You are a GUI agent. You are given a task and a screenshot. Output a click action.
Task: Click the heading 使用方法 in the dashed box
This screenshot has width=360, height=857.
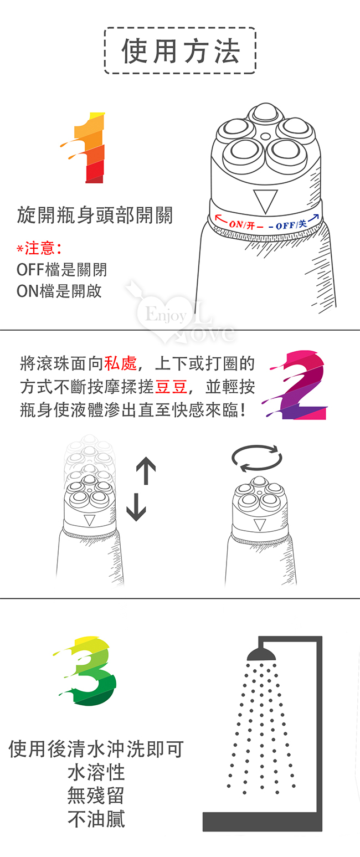click(x=181, y=51)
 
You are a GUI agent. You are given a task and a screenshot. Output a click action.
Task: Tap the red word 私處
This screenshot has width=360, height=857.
click(x=121, y=363)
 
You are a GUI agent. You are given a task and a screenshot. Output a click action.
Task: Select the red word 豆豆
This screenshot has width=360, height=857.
click(x=171, y=387)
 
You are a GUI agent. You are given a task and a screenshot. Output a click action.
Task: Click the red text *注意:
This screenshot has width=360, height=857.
click(x=39, y=249)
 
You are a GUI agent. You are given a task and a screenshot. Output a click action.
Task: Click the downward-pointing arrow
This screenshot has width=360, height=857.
click(x=136, y=507)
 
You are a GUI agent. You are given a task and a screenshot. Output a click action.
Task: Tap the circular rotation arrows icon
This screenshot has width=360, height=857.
click(x=257, y=458)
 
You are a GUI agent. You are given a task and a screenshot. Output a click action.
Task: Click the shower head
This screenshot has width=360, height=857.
click(x=261, y=654)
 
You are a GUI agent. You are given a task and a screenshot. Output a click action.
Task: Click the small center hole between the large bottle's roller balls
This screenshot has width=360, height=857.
click(x=265, y=136)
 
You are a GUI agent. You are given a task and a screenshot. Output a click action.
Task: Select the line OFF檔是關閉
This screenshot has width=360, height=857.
click(x=61, y=270)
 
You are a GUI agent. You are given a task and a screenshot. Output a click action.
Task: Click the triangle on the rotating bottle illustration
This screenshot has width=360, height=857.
click(x=260, y=525)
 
